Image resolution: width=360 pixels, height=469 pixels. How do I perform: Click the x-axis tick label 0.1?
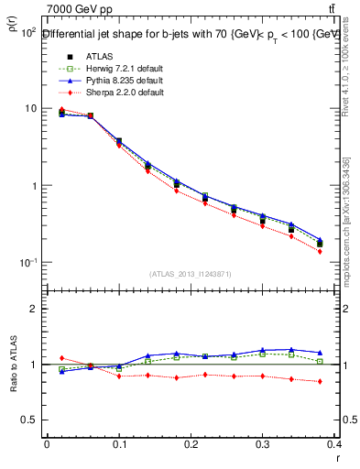point(119,445)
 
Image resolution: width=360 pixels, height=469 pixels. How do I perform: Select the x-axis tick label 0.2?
point(191,445)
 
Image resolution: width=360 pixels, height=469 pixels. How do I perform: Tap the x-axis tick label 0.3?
point(264,445)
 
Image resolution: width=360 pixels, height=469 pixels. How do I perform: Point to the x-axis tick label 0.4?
point(335,445)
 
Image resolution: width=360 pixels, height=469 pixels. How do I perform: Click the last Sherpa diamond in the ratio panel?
point(320,381)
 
